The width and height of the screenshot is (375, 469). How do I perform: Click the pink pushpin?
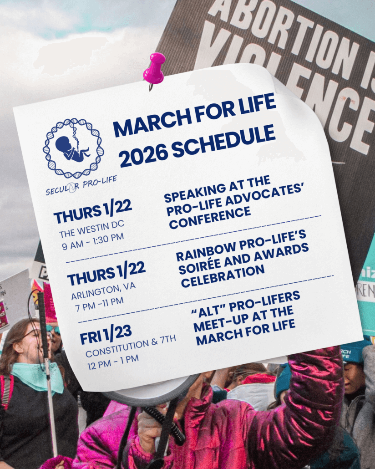click(155, 68)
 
